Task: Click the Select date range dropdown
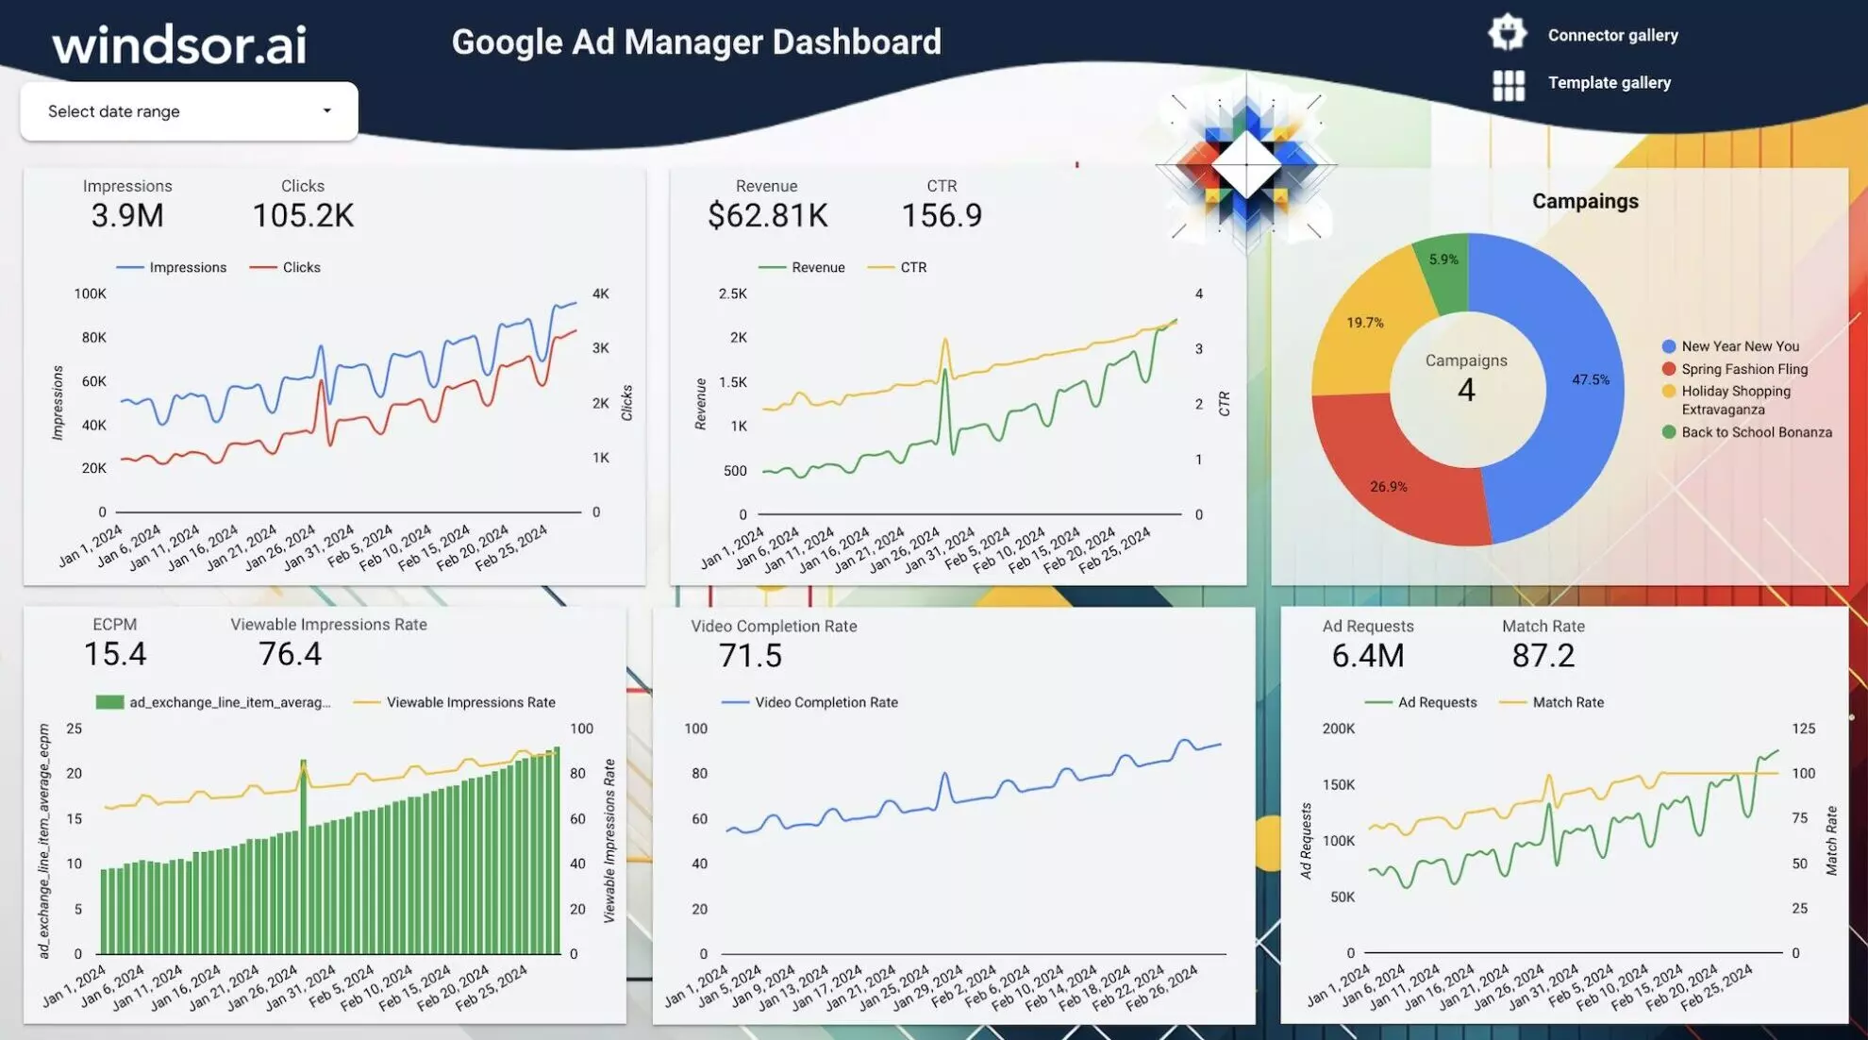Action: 189,111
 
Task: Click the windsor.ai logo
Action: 179,44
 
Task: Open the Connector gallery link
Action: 1612,35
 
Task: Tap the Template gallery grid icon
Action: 1508,85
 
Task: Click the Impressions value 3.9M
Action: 127,215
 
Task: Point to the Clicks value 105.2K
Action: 303,215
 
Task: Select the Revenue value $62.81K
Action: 767,215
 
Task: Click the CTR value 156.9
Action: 942,215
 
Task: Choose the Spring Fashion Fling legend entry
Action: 1743,369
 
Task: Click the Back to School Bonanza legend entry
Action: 1756,432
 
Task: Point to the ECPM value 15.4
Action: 115,653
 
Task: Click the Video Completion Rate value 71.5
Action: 750,655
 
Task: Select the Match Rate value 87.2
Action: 1543,655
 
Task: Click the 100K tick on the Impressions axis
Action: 91,294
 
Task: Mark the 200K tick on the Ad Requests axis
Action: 1338,729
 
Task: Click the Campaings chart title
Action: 1585,201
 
